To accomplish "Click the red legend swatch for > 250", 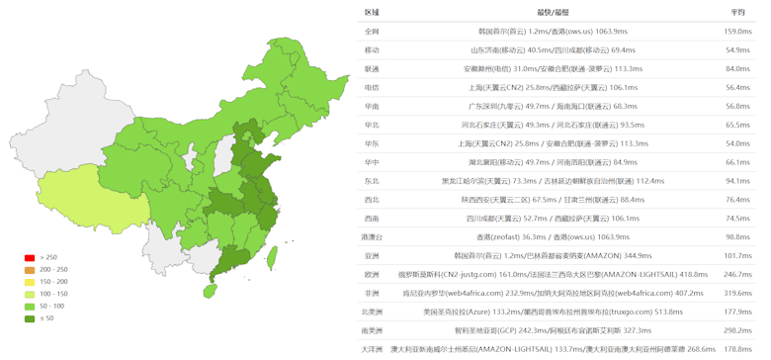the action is (x=30, y=258).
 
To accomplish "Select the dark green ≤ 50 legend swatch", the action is (x=30, y=317).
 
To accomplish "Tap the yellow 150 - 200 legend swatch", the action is (x=30, y=282).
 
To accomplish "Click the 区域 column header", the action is (x=372, y=13).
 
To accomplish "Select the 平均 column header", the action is (x=737, y=13).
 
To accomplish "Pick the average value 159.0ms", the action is (x=737, y=32).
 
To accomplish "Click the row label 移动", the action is (x=372, y=50).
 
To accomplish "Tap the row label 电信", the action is (x=372, y=88).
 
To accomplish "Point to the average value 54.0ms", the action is (x=737, y=143).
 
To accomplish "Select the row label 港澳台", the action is (x=372, y=236).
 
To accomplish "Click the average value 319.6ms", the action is (x=737, y=293).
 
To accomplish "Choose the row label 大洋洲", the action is (x=372, y=348).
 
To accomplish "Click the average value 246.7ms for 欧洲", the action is (x=737, y=274).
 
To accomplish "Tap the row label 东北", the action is (x=372, y=181).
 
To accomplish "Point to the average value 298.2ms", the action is (x=737, y=330).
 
